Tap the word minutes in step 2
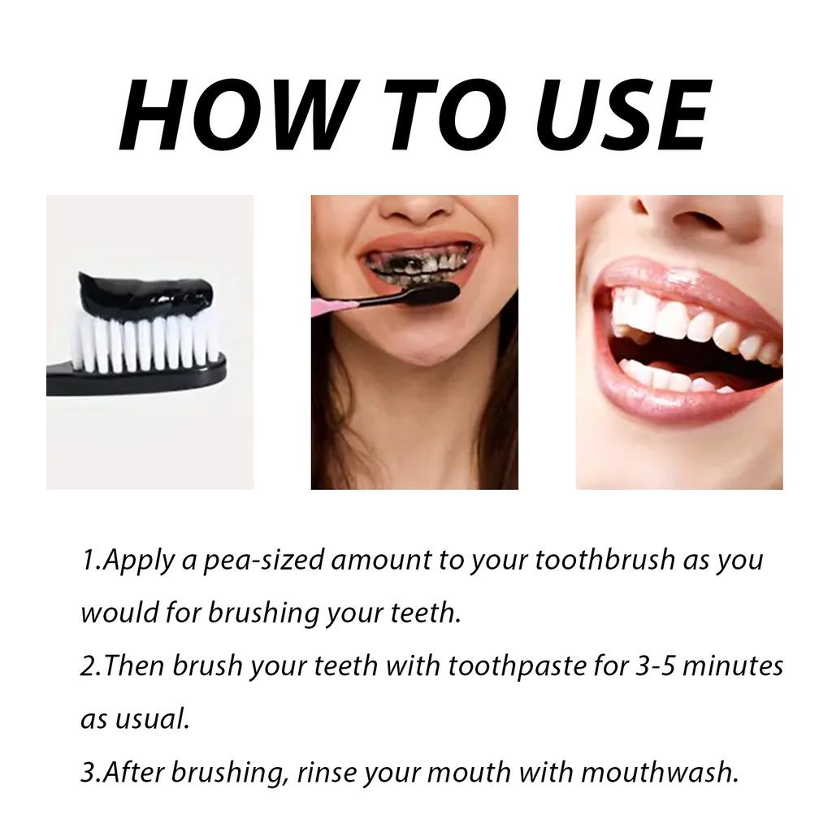point(734,666)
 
